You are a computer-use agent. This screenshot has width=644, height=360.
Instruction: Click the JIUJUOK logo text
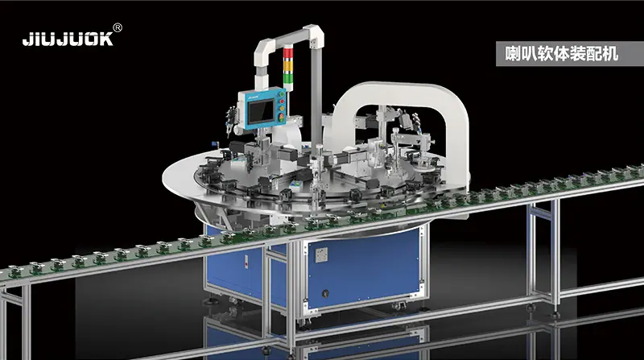pos(68,39)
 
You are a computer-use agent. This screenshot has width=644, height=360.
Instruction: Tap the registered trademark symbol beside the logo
pos(117,27)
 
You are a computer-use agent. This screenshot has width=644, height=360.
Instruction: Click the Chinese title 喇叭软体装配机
pos(561,54)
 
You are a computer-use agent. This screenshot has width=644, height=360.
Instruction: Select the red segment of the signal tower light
pos(288,53)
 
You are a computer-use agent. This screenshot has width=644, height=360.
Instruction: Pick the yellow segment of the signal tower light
pos(288,65)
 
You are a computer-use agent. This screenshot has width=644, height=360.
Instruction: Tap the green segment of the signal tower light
pos(288,77)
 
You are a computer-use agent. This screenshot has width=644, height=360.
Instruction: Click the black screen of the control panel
pos(261,111)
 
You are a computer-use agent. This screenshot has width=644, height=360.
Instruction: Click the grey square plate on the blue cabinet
pos(321,254)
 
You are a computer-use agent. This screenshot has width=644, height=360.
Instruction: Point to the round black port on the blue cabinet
pos(325,293)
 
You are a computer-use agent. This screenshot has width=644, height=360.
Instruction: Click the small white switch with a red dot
pos(246,262)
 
